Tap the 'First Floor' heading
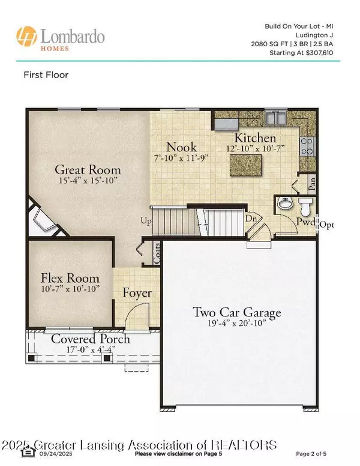click(46, 75)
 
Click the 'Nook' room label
click(181, 147)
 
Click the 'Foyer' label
click(137, 294)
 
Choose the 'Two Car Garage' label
click(237, 312)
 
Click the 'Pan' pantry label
click(311, 183)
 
